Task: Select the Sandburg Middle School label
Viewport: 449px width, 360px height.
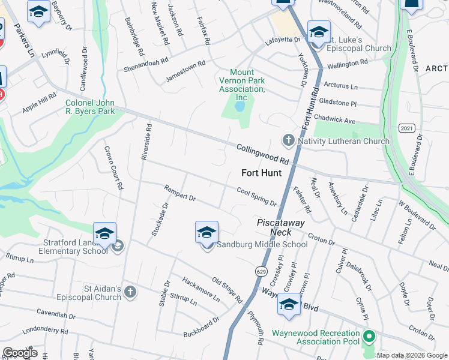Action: pos(262,244)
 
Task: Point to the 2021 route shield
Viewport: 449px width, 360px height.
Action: pos(406,128)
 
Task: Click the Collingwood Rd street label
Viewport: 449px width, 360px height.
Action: pos(263,154)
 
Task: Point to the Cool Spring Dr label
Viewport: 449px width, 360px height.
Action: pos(256,196)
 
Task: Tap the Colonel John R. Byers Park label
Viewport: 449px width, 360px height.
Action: pos(89,106)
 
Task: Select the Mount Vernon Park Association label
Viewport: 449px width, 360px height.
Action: pos(241,85)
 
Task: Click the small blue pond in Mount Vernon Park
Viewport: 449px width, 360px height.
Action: pos(240,107)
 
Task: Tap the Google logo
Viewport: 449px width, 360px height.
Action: pos(20,353)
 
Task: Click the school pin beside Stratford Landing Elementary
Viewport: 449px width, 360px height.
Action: pos(104,234)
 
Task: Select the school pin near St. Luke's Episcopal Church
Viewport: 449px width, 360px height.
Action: pos(319,32)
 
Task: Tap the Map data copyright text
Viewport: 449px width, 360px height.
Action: pos(412,355)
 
